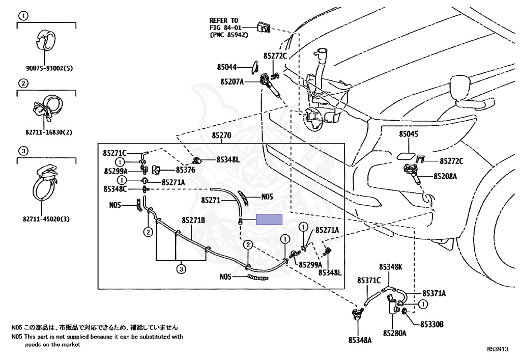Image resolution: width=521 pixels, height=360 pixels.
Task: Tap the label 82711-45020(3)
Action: pyautogui.click(x=46, y=219)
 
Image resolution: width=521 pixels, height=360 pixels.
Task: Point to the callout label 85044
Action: pyautogui.click(x=227, y=67)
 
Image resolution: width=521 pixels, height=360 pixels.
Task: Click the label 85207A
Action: pyautogui.click(x=232, y=81)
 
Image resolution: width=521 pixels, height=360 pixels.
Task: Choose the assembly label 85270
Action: pyautogui.click(x=221, y=136)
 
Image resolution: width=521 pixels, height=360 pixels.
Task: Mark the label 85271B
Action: pyautogui.click(x=193, y=220)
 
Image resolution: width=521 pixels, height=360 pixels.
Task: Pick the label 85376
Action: pyautogui.click(x=186, y=170)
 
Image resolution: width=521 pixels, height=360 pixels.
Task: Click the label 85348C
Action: pyautogui.click(x=115, y=189)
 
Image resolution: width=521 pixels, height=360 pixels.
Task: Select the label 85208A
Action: pyautogui.click(x=445, y=176)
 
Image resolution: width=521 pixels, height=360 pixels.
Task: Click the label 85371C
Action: pyautogui.click(x=369, y=280)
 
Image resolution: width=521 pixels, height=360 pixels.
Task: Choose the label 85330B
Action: pyautogui.click(x=432, y=324)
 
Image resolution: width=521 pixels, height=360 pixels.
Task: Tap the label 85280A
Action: pyautogui.click(x=395, y=334)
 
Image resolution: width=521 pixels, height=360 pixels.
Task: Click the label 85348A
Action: pyautogui.click(x=360, y=339)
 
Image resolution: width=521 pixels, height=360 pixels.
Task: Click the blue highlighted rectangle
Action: pyautogui.click(x=269, y=219)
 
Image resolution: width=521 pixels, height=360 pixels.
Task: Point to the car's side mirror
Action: pyautogui.click(x=461, y=87)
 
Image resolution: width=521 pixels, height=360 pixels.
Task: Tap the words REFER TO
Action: pyautogui.click(x=223, y=21)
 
